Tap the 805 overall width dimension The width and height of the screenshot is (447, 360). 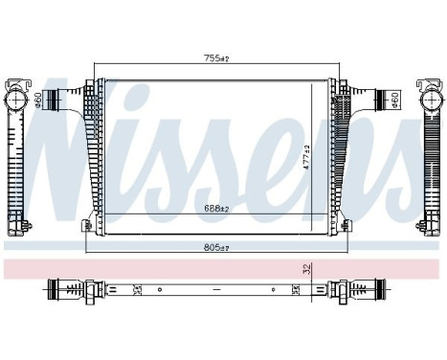(215, 246)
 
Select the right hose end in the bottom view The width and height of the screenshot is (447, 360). (364, 286)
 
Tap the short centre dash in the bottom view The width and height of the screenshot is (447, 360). (216, 286)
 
